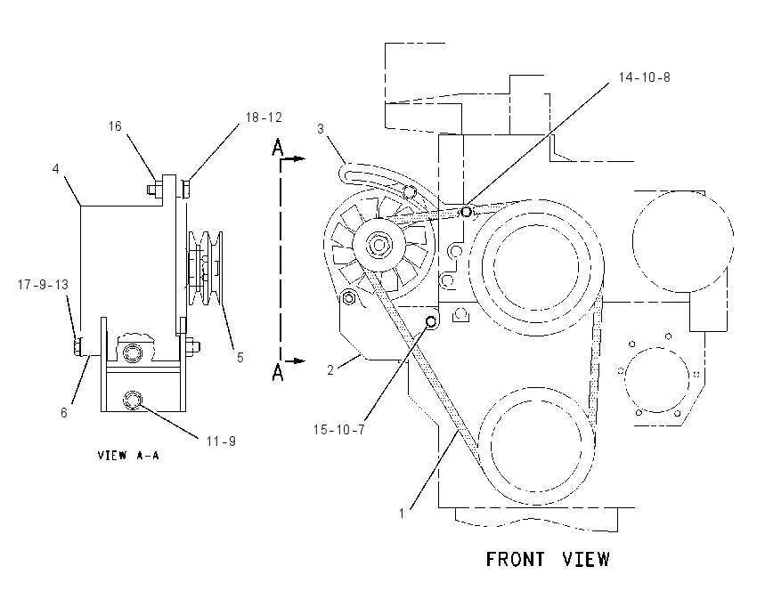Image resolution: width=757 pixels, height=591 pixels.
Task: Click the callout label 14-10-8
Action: pyautogui.click(x=644, y=77)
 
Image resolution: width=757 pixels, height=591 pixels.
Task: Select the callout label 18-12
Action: pyautogui.click(x=264, y=117)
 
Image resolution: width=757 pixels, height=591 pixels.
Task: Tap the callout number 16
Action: pyautogui.click(x=115, y=126)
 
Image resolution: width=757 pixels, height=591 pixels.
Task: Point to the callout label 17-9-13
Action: pyautogui.click(x=43, y=285)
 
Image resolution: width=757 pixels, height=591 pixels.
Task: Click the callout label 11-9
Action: pyautogui.click(x=221, y=441)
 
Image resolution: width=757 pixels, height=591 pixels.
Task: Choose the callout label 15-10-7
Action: pyautogui.click(x=339, y=429)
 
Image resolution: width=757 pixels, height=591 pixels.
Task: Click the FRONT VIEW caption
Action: pyautogui.click(x=548, y=560)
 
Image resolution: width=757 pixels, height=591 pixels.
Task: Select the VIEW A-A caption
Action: pyautogui.click(x=128, y=456)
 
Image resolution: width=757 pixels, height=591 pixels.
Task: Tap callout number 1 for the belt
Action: pyautogui.click(x=401, y=514)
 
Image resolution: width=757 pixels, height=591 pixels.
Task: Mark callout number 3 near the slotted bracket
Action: pyautogui.click(x=321, y=129)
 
